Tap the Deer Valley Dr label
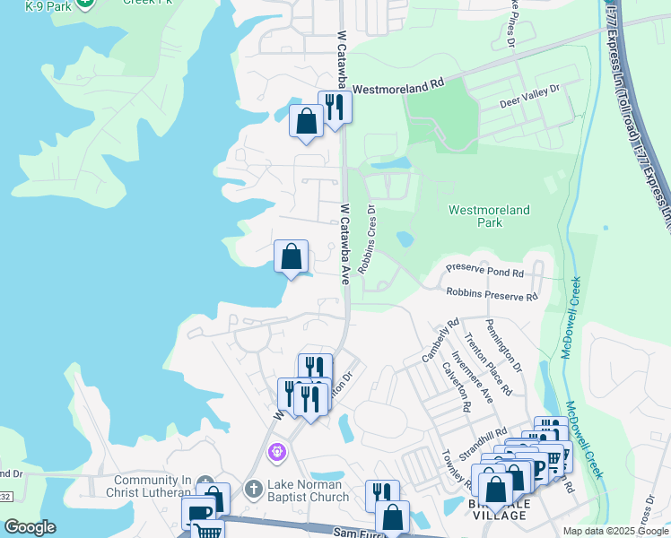click(529, 96)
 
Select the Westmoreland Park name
click(489, 216)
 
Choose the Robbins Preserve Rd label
click(492, 295)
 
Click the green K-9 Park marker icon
click(85, 4)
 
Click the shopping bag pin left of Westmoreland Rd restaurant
click(306, 121)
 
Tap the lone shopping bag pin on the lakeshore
click(291, 257)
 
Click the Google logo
click(30, 527)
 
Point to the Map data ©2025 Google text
click(614, 531)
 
